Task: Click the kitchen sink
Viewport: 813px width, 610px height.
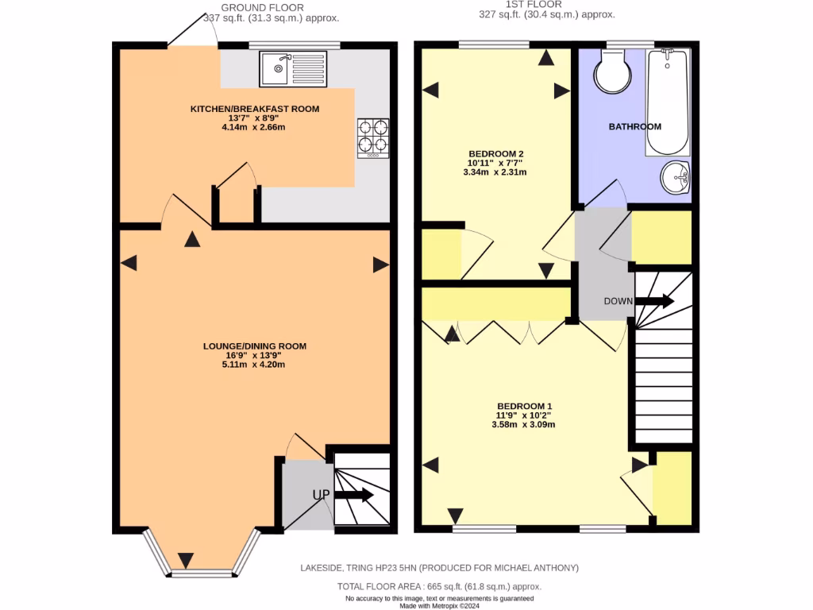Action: pyautogui.click(x=292, y=68)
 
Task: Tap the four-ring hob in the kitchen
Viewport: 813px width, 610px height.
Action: pyautogui.click(x=374, y=137)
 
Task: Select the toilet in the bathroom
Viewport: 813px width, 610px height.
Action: pyautogui.click(x=611, y=71)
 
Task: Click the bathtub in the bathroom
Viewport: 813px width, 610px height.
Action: pyautogui.click(x=668, y=102)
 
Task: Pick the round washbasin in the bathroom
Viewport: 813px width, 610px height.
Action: pyautogui.click(x=675, y=176)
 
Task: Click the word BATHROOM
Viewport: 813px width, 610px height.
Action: pyautogui.click(x=634, y=127)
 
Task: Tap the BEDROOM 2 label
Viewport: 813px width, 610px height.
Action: pyautogui.click(x=496, y=153)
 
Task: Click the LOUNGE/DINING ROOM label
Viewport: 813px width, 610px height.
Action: pyautogui.click(x=254, y=346)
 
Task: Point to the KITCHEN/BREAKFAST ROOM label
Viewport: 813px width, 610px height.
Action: pyautogui.click(x=254, y=109)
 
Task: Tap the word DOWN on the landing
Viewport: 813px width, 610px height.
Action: pyautogui.click(x=618, y=301)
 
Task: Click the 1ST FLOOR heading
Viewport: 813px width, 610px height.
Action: pyautogui.click(x=546, y=5)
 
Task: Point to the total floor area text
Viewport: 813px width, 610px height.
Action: pyautogui.click(x=439, y=586)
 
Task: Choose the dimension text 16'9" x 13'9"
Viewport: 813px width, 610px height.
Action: pyautogui.click(x=254, y=356)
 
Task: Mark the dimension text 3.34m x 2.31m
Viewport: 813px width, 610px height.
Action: pyautogui.click(x=496, y=172)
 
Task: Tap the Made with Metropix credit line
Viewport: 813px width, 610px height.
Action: pyautogui.click(x=439, y=606)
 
